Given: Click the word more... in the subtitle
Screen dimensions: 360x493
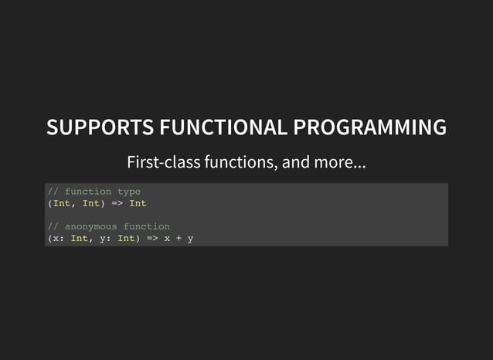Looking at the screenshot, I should click(x=342, y=164).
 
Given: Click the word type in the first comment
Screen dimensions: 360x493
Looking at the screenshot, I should click(x=129, y=192).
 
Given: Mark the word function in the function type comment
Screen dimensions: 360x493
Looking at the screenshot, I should click(x=88, y=192).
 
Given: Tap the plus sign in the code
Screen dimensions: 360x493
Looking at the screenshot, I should click(x=178, y=238).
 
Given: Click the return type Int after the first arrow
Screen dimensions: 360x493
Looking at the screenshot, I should click(x=138, y=203).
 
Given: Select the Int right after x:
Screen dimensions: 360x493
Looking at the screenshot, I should click(x=80, y=238).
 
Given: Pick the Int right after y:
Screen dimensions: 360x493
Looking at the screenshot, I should click(x=126, y=238).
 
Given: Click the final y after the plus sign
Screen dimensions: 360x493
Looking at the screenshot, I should click(x=190, y=239).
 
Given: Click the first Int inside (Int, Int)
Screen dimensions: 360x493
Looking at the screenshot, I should click(x=62, y=203).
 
